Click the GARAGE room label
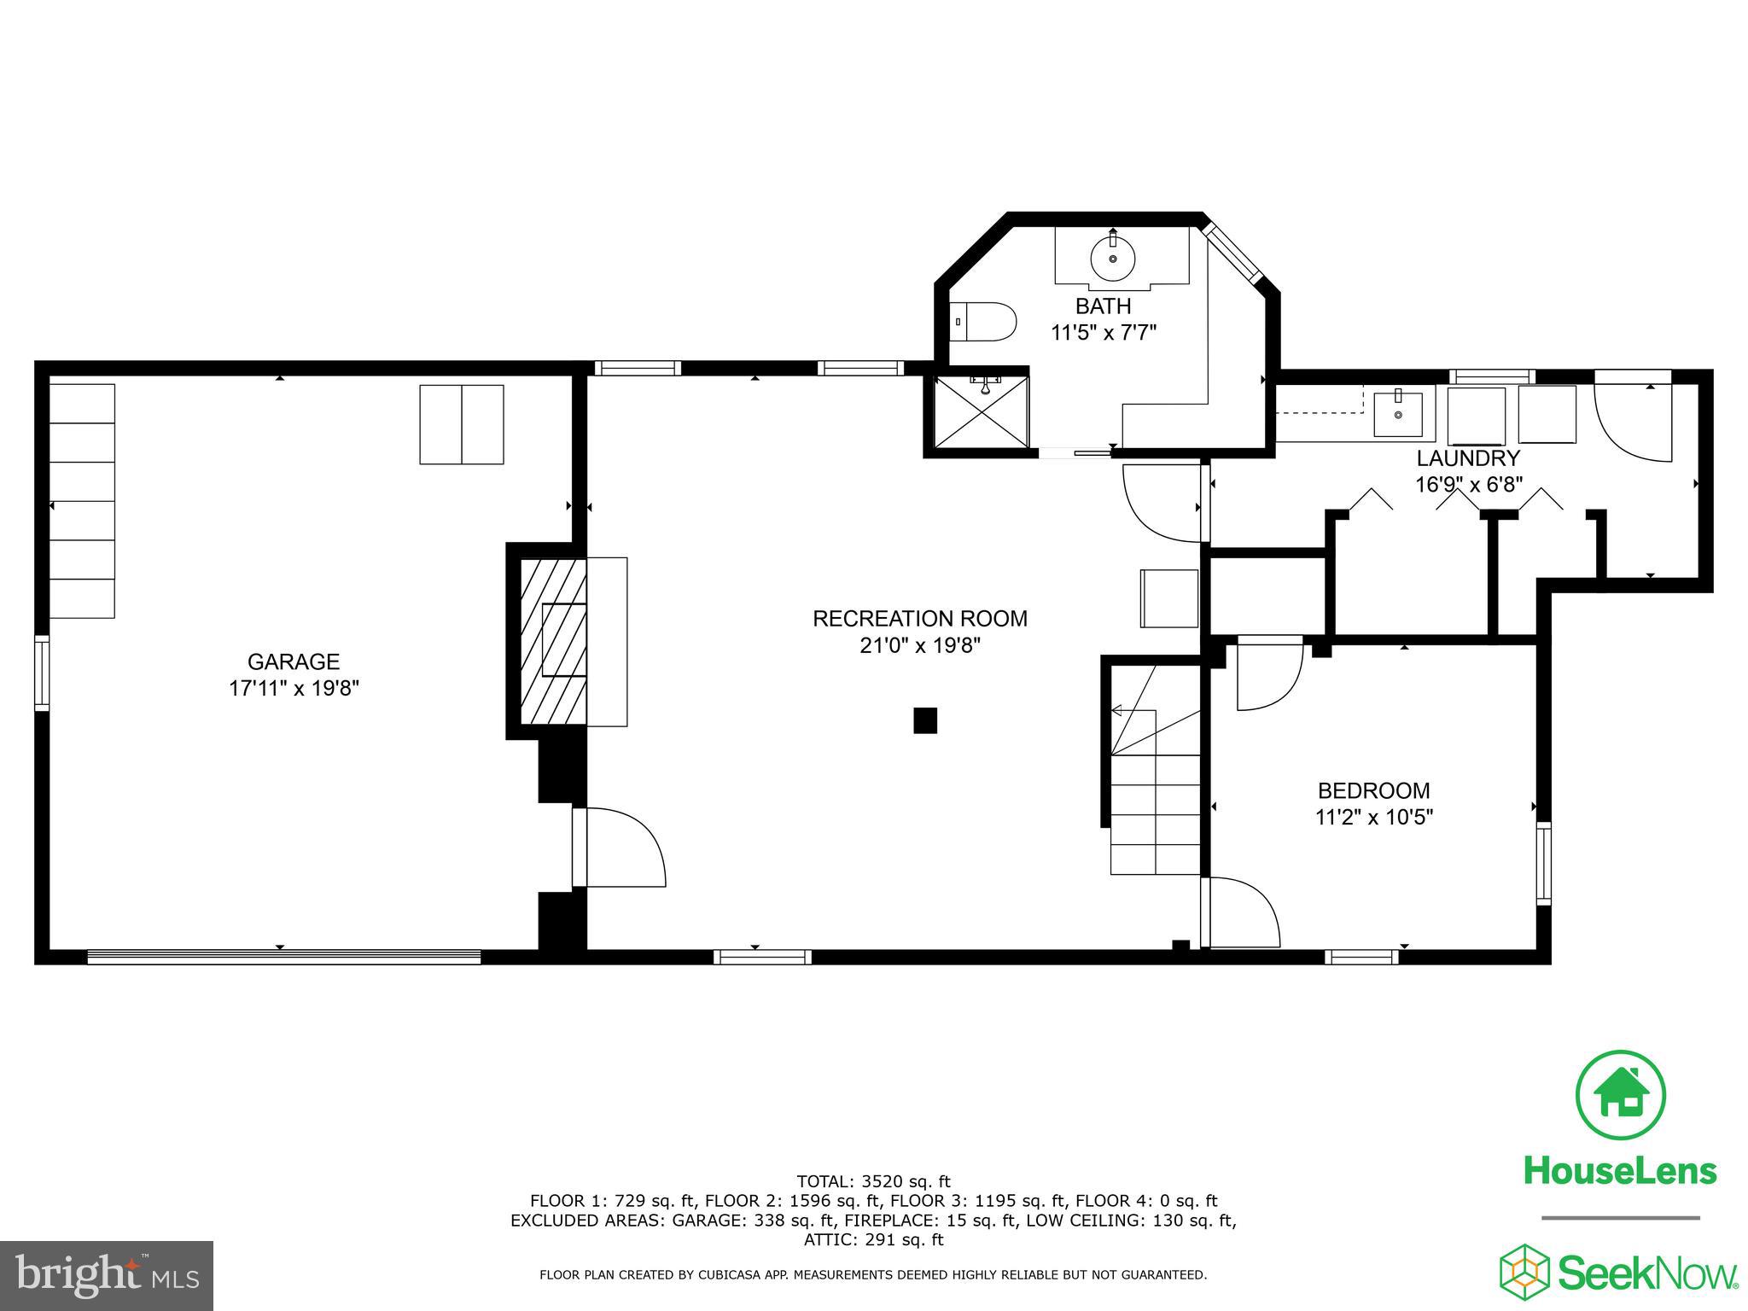(x=293, y=661)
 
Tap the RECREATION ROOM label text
(x=919, y=618)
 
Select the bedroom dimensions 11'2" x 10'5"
(x=1373, y=817)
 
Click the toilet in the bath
(x=983, y=323)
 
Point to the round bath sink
(x=1113, y=257)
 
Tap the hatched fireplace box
(x=554, y=640)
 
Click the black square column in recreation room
(x=925, y=720)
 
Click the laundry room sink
(x=1397, y=414)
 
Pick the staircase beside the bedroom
(x=1154, y=794)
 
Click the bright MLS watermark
(x=107, y=1277)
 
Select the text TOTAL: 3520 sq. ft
(x=873, y=1181)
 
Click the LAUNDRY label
(x=1468, y=458)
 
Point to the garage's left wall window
(x=41, y=672)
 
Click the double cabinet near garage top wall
(x=461, y=424)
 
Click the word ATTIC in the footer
(x=827, y=1239)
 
